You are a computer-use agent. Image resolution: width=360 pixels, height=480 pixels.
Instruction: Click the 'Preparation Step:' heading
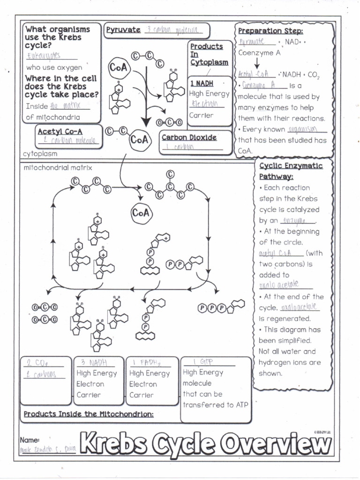pos(270,31)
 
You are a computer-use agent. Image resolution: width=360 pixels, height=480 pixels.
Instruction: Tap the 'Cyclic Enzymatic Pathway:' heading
pos(291,171)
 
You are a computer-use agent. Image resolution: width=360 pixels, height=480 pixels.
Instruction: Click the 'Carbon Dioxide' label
pos(189,137)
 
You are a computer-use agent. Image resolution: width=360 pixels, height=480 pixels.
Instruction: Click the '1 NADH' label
pos(202,83)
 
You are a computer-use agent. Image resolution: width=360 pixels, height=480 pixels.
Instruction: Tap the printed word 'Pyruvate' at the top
pos(123,30)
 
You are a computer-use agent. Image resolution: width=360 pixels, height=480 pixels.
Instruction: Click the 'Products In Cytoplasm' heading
pos(209,54)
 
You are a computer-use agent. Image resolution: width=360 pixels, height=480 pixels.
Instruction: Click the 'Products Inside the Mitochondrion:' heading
pos(89,414)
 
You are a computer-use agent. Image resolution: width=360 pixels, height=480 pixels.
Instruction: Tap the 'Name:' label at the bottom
pos(29,440)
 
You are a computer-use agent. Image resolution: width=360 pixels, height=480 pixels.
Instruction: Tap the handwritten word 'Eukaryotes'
pos(44,56)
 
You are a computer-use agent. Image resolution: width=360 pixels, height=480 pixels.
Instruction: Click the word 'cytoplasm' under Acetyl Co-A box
pos(40,153)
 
